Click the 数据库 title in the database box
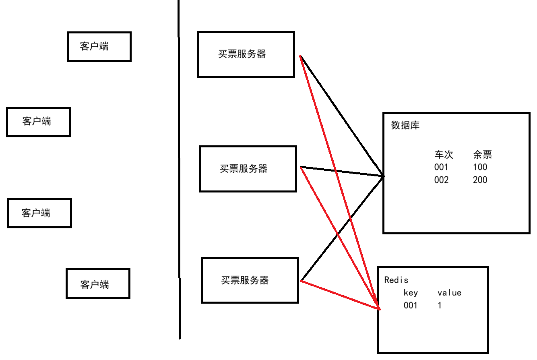405,125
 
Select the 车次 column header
444,155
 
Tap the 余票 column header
482,155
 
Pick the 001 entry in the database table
441,167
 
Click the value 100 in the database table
480,167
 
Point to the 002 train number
441,180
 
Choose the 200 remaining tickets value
480,180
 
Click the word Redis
396,280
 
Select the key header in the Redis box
411,293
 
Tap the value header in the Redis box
449,293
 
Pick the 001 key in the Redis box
411,306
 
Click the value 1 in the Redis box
440,306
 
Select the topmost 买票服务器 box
246,54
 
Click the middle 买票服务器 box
248,169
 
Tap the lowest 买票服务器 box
250,280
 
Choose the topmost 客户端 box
99,47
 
